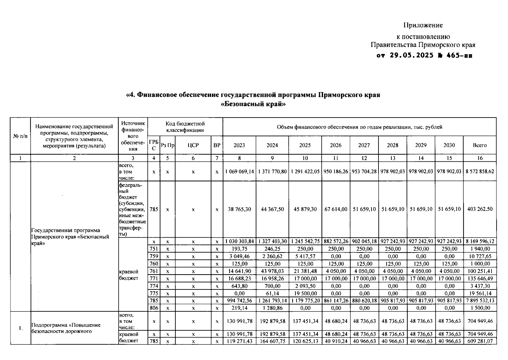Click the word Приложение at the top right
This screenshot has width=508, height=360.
coord(423,25)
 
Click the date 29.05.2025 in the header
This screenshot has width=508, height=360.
coord(411,55)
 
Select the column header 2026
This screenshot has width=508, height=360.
coord(336,145)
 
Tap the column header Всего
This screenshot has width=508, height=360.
coord(480,145)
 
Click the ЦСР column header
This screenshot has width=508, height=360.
coord(193,145)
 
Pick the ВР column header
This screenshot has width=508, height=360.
coord(217,145)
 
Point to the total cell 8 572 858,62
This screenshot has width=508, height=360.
coord(480,172)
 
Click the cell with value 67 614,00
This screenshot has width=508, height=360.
coord(336,209)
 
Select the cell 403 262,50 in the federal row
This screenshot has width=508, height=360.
coord(480,209)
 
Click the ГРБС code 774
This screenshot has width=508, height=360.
coord(154,286)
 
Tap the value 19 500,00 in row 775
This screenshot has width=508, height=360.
coord(305,293)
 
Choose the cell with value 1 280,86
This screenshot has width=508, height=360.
coord(272,308)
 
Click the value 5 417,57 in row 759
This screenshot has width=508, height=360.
coord(305,256)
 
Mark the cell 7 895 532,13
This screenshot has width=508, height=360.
coord(480,301)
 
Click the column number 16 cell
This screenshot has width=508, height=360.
coord(480,158)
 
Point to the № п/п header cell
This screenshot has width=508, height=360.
coord(20,136)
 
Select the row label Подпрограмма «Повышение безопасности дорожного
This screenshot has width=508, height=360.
coord(66,328)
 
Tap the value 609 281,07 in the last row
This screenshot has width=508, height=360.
coord(480,341)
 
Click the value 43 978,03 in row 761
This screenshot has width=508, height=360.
coord(272,271)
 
